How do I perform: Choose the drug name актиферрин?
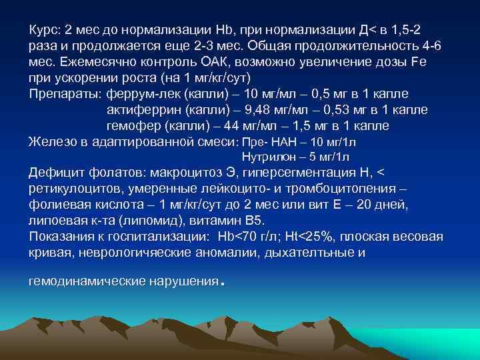click(x=138, y=109)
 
